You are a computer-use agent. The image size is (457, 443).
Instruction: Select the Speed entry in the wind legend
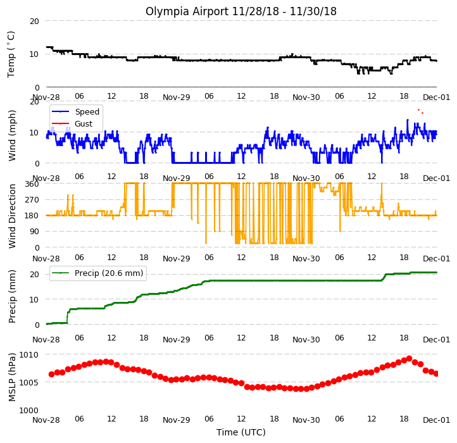pyautogui.click(x=87, y=111)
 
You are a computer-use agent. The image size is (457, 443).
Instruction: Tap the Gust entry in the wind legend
pyautogui.click(x=84, y=123)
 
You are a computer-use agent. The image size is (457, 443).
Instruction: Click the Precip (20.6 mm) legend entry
pyautogui.click(x=109, y=273)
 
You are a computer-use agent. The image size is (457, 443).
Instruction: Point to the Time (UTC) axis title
pyautogui.click(x=241, y=432)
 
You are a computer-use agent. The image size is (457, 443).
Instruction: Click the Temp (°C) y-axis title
pyautogui.click(x=11, y=54)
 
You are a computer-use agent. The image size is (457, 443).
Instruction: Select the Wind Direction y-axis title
pyautogui.click(x=12, y=216)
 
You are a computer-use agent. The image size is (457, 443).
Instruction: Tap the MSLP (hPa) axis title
pyautogui.click(x=12, y=377)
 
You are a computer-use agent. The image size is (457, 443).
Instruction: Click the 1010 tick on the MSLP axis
pyautogui.click(x=29, y=354)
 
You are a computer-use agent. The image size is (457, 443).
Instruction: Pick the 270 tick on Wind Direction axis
pyautogui.click(x=32, y=199)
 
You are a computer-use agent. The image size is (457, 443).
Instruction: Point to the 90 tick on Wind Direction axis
pyautogui.click(x=34, y=232)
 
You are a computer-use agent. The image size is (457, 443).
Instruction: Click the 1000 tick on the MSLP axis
pyautogui.click(x=29, y=410)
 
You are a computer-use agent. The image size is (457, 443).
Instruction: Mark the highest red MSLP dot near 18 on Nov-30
pyautogui.click(x=409, y=358)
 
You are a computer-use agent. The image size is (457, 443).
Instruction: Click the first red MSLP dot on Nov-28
pyautogui.click(x=52, y=374)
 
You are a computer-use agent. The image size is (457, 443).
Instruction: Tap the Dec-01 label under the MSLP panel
pyautogui.click(x=436, y=420)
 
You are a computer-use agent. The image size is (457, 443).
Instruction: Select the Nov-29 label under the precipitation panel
pyautogui.click(x=177, y=340)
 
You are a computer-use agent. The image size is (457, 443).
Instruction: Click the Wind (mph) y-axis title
pyautogui.click(x=12, y=135)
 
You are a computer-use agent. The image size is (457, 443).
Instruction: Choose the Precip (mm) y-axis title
pyautogui.click(x=12, y=296)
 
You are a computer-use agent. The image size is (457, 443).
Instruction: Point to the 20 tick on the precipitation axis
pyautogui.click(x=34, y=274)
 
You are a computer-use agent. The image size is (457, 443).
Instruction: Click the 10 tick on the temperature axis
pyautogui.click(x=34, y=54)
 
